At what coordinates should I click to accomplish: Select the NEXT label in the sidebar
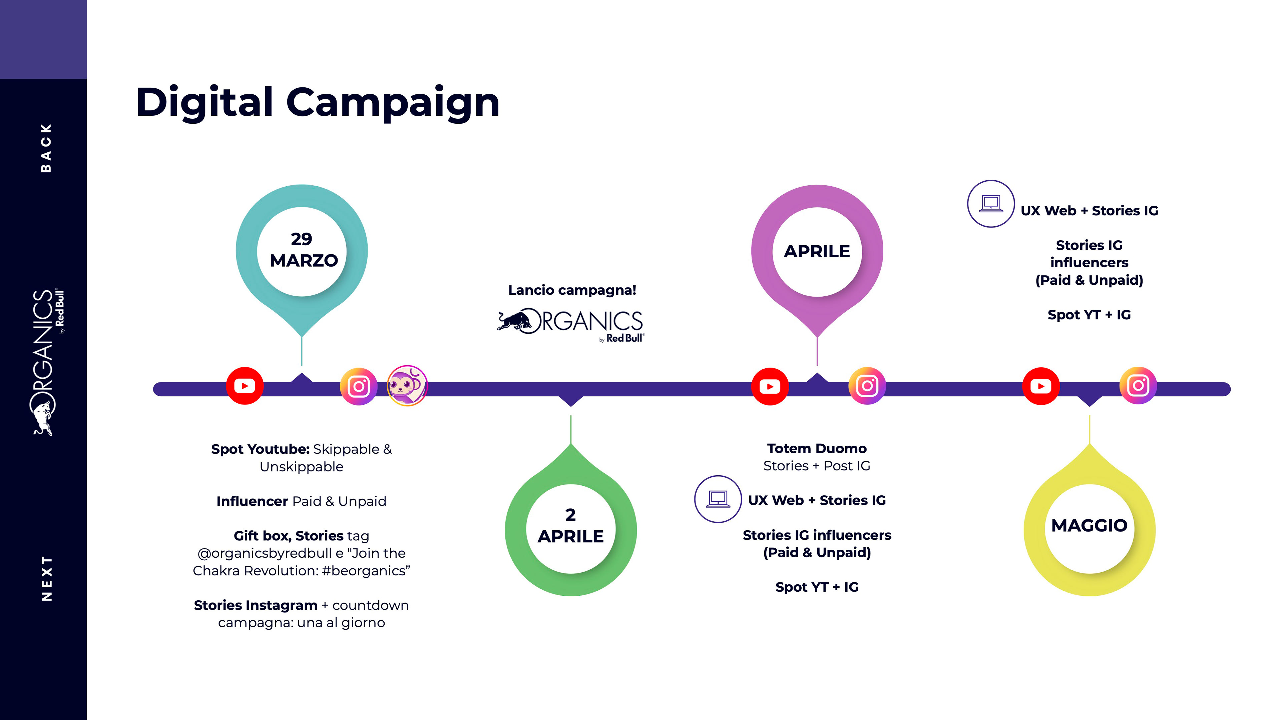coord(47,578)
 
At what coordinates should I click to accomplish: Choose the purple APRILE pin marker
coord(817,251)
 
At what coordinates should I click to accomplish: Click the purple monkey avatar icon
coord(407,386)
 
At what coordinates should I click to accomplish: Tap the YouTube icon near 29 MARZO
coord(245,386)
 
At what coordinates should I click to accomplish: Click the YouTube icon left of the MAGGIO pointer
coord(1041,386)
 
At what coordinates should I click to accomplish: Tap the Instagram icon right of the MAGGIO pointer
coord(1138,386)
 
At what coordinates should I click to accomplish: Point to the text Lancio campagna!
coord(572,290)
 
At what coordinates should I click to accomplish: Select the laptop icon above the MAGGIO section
coord(990,204)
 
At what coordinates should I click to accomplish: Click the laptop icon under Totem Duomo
coord(718,499)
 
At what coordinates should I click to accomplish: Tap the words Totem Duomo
coord(817,449)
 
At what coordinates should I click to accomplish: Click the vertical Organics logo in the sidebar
coord(46,362)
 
